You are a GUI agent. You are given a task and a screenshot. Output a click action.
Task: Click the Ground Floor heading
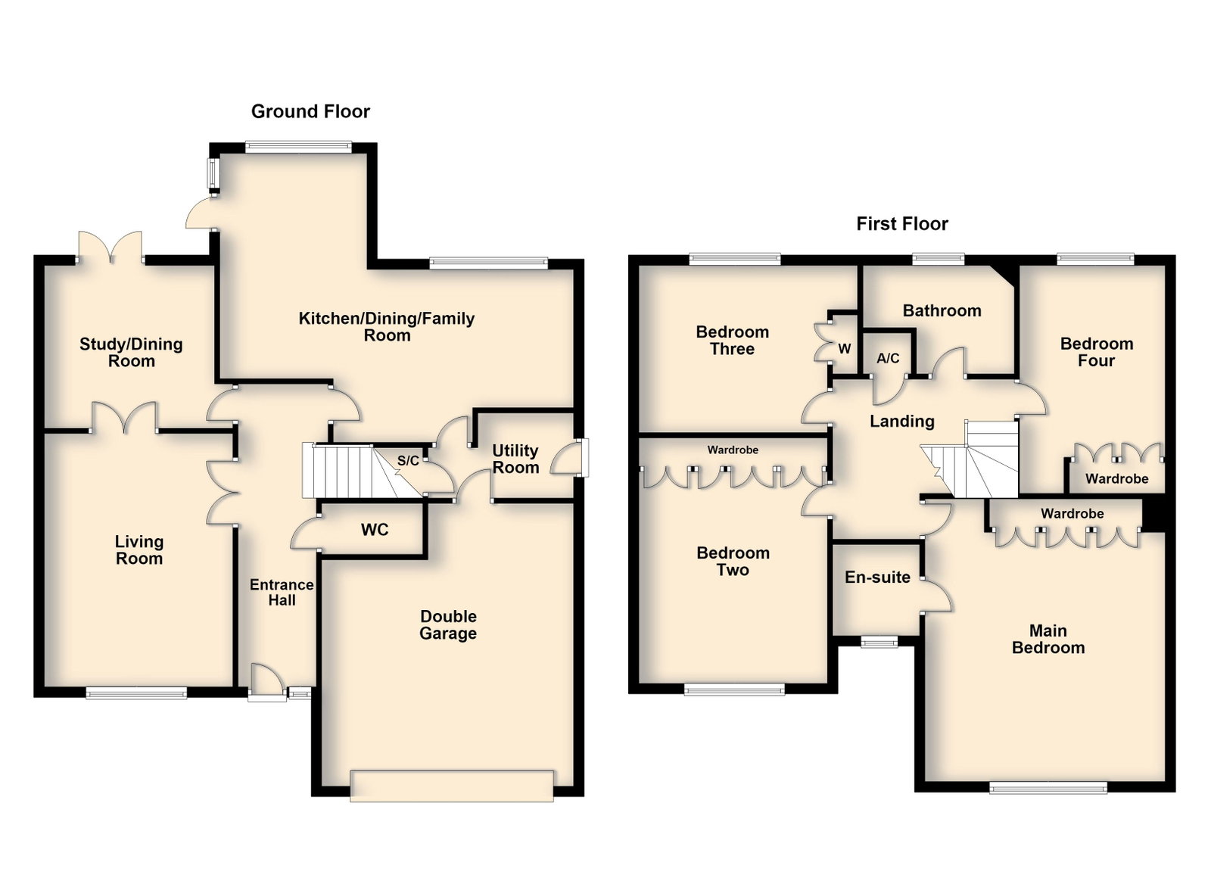(310, 111)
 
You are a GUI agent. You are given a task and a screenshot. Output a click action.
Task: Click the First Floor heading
(901, 224)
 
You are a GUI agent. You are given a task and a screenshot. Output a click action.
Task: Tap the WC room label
(375, 530)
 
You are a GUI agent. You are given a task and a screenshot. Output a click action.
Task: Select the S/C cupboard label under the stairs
(408, 460)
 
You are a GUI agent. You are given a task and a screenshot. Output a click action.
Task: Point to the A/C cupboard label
(889, 358)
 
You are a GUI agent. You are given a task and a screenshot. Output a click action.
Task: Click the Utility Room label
(515, 459)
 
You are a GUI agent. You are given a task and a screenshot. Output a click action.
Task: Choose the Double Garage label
(448, 625)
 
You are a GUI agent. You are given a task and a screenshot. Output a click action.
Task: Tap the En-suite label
(877, 577)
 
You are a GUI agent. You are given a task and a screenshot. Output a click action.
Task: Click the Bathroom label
(942, 311)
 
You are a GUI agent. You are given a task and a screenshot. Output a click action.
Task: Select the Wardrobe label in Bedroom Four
(1117, 479)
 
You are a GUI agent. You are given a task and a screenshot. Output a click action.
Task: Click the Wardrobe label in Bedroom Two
(733, 450)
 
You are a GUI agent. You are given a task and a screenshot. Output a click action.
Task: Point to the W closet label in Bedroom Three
(845, 349)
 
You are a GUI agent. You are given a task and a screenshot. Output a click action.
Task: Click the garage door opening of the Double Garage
(452, 786)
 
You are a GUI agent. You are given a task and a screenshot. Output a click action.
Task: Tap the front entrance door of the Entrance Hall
(267, 683)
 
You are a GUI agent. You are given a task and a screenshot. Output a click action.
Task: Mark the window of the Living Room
(136, 693)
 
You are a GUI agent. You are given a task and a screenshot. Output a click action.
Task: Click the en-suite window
(879, 642)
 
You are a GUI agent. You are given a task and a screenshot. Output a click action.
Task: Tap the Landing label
(901, 421)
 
